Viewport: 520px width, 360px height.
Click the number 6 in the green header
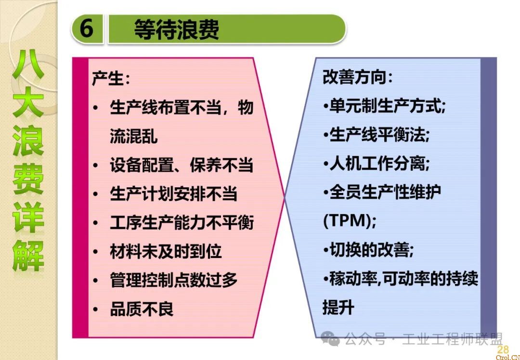pyautogui.click(x=86, y=28)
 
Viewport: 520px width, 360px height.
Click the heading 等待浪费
pyautogui.click(x=176, y=29)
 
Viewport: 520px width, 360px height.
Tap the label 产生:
pyautogui.click(x=111, y=78)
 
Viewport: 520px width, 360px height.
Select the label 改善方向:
pyautogui.click(x=357, y=77)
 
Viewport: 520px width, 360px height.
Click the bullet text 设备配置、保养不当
pyautogui.click(x=182, y=165)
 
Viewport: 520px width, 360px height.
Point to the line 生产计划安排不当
pyautogui.click(x=173, y=193)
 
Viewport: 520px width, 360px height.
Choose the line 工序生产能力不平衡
pyautogui.click(x=182, y=222)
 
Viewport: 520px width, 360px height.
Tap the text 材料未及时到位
pyautogui.click(x=166, y=251)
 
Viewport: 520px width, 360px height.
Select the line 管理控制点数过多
pyautogui.click(x=173, y=280)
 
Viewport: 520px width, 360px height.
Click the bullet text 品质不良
pyautogui.click(x=142, y=309)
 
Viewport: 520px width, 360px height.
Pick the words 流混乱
pyautogui.click(x=134, y=136)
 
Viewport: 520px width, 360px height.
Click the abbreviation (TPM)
pyautogui.click(x=349, y=221)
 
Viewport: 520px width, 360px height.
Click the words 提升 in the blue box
pyautogui.click(x=338, y=307)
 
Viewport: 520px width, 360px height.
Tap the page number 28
pyautogui.click(x=503, y=349)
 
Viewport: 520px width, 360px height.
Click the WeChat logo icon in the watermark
pyautogui.click(x=330, y=338)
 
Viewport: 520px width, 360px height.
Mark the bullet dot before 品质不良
pyautogui.click(x=95, y=309)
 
